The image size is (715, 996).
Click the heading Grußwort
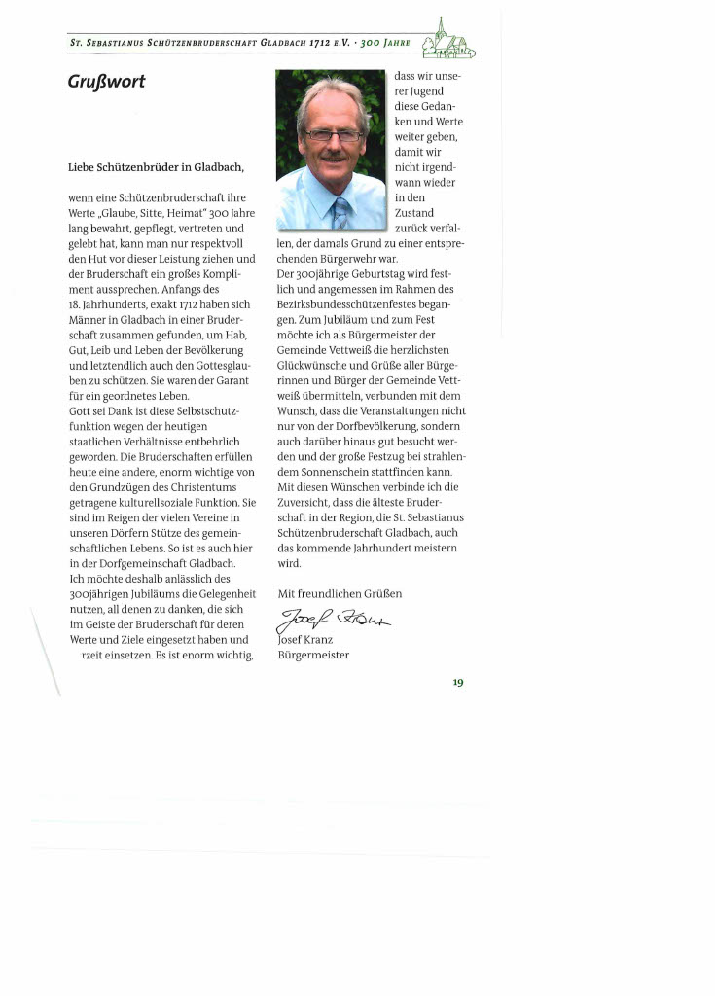click(106, 82)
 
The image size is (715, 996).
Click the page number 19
click(457, 682)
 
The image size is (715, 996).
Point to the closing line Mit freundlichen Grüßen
click(340, 593)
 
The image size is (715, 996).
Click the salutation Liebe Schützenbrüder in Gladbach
click(156, 167)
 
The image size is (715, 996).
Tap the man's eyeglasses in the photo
click(333, 136)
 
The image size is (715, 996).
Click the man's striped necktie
click(340, 213)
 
